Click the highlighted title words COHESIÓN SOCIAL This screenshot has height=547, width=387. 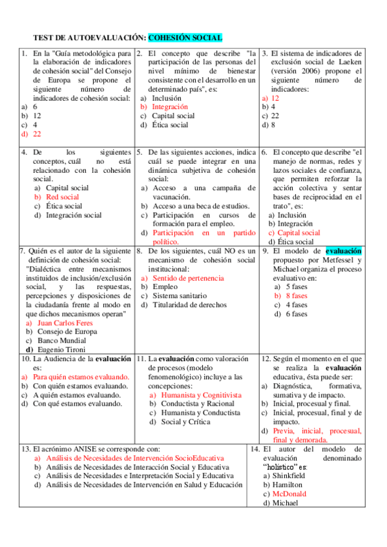click(185, 38)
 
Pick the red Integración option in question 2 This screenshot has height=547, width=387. click(170, 107)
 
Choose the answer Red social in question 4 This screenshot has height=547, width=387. click(63, 197)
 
